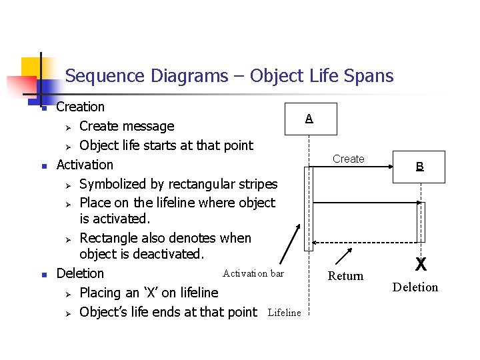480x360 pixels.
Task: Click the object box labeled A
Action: click(309, 119)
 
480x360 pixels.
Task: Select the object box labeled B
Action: click(420, 166)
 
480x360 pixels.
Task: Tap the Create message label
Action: click(349, 159)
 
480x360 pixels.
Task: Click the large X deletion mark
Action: click(421, 265)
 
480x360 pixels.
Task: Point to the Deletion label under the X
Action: click(415, 287)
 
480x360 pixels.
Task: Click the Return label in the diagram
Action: click(346, 276)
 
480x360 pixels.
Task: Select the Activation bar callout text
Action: click(253, 273)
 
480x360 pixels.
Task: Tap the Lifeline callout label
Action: click(284, 313)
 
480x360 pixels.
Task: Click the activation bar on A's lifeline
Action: click(307, 208)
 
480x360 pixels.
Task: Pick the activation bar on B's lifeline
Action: click(421, 221)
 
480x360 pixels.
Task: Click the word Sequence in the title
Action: click(105, 76)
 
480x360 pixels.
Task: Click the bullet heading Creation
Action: click(81, 107)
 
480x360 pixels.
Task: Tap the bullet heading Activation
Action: click(85, 164)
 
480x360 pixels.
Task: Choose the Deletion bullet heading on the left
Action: click(80, 273)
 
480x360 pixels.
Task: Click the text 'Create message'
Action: click(127, 126)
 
